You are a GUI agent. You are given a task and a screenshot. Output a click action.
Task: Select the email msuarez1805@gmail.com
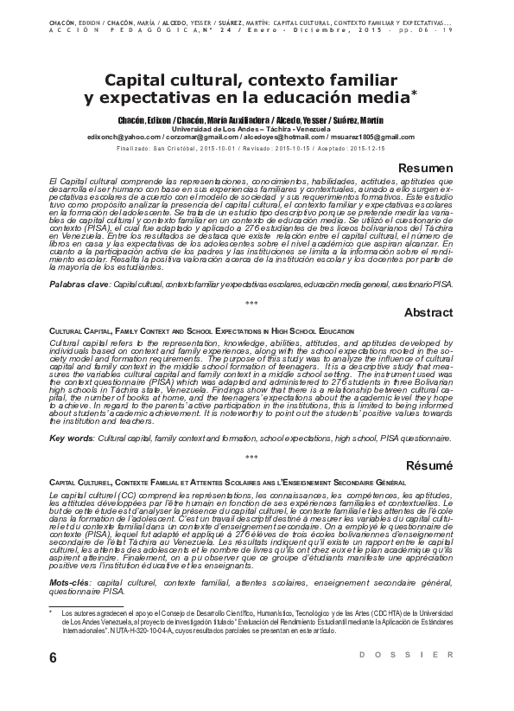pos(367,136)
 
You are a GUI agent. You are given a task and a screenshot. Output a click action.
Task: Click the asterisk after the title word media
pos(413,90)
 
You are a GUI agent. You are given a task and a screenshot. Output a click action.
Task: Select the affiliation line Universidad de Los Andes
pos(257,128)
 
